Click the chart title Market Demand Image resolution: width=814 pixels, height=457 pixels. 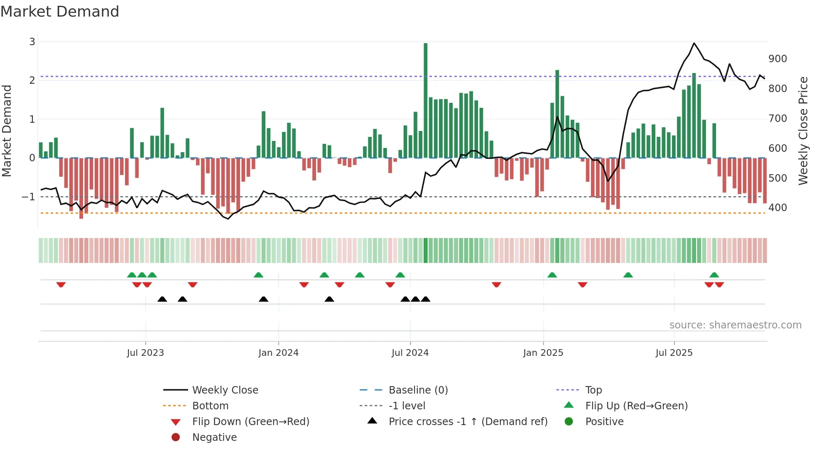(x=60, y=11)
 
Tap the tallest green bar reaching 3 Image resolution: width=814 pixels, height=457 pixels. (x=425, y=100)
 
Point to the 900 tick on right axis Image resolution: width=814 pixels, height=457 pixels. (x=777, y=59)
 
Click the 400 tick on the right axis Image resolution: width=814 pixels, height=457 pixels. (x=777, y=208)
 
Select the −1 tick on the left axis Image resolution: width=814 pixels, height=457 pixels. (x=29, y=197)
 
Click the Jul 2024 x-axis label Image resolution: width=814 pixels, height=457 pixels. (x=410, y=353)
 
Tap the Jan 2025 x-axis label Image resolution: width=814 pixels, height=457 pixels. (x=543, y=353)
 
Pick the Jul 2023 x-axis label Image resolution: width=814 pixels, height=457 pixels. (x=145, y=353)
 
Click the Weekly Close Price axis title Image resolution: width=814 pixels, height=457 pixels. (x=803, y=131)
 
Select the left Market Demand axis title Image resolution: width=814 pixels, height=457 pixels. (x=7, y=131)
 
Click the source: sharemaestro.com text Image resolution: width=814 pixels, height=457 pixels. (x=735, y=325)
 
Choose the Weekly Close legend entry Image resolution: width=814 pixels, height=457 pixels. (x=225, y=390)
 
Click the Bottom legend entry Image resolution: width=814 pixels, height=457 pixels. (x=210, y=406)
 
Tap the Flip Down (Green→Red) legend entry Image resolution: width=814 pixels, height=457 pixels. (x=250, y=422)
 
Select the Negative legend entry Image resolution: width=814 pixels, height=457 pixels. (x=214, y=438)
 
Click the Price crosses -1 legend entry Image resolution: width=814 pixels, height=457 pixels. (x=468, y=422)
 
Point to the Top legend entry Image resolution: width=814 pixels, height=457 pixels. (x=593, y=390)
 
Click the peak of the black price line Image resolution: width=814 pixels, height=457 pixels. (x=694, y=43)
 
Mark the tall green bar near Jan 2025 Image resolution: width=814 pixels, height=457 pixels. (x=557, y=114)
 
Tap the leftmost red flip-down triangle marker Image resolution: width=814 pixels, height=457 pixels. (x=61, y=284)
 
